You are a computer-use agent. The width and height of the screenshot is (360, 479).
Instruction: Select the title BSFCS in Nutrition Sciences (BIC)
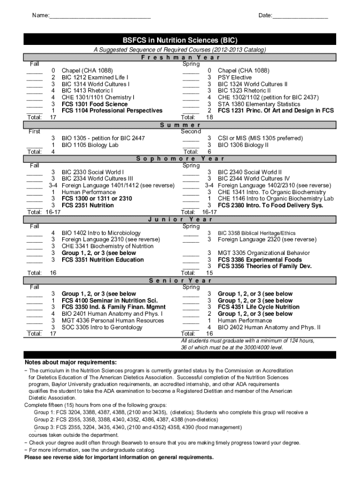click(x=180, y=40)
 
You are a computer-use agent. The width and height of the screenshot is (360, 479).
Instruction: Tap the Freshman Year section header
click(x=180, y=58)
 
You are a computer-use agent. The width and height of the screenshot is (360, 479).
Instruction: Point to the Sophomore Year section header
click(x=180, y=159)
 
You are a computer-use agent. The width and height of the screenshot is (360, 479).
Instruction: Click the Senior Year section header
click(x=180, y=281)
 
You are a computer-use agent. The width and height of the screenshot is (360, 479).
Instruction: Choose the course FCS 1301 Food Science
click(x=94, y=104)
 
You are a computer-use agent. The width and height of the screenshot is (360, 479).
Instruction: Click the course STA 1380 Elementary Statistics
click(x=259, y=104)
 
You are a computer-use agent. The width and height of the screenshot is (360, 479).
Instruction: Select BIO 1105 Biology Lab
click(x=90, y=145)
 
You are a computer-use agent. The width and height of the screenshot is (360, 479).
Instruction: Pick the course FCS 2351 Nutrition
click(x=87, y=205)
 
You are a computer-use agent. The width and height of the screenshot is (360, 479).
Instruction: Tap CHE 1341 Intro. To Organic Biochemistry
click(x=272, y=192)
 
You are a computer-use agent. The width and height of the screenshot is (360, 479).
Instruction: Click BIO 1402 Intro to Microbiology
click(x=101, y=233)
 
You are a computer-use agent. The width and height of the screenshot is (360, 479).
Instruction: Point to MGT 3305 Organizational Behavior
click(x=264, y=253)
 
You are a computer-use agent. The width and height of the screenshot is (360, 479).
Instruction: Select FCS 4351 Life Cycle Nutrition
click(x=259, y=307)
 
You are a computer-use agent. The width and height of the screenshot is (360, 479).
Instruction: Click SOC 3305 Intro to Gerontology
click(x=102, y=327)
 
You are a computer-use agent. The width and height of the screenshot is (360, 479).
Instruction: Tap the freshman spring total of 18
click(x=209, y=117)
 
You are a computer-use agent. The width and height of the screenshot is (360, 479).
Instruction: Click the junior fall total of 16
click(x=53, y=273)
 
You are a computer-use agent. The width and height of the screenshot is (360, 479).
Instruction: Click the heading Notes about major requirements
click(x=71, y=363)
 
